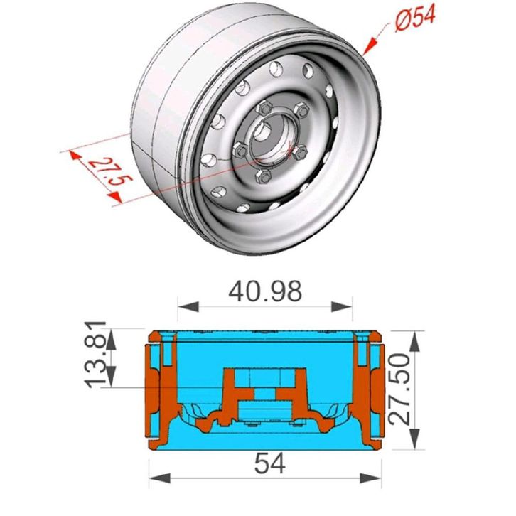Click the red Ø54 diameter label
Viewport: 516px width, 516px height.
(x=415, y=18)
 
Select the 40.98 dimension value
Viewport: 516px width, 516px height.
(x=265, y=291)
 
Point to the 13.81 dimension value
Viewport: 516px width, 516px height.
(x=95, y=354)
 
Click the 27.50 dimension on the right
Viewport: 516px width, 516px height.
(x=399, y=389)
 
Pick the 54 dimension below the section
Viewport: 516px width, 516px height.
(x=270, y=463)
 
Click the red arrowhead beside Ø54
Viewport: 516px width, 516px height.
(x=370, y=45)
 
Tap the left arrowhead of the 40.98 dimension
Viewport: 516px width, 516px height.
(x=188, y=307)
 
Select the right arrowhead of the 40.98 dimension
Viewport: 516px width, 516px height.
(x=342, y=307)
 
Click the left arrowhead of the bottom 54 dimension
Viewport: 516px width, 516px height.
(x=160, y=478)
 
